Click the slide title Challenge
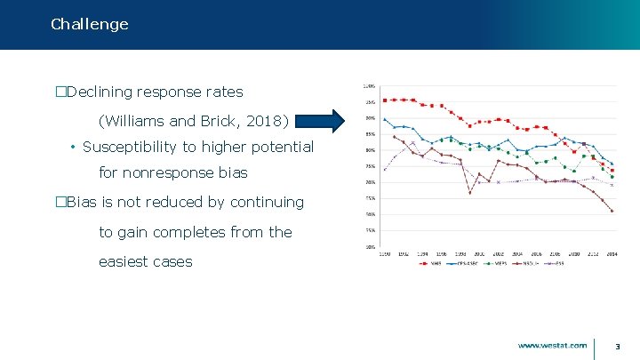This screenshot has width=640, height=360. tap(90, 24)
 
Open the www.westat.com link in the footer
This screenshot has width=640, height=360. tap(552, 345)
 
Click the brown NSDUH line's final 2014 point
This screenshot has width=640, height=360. tap(612, 211)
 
